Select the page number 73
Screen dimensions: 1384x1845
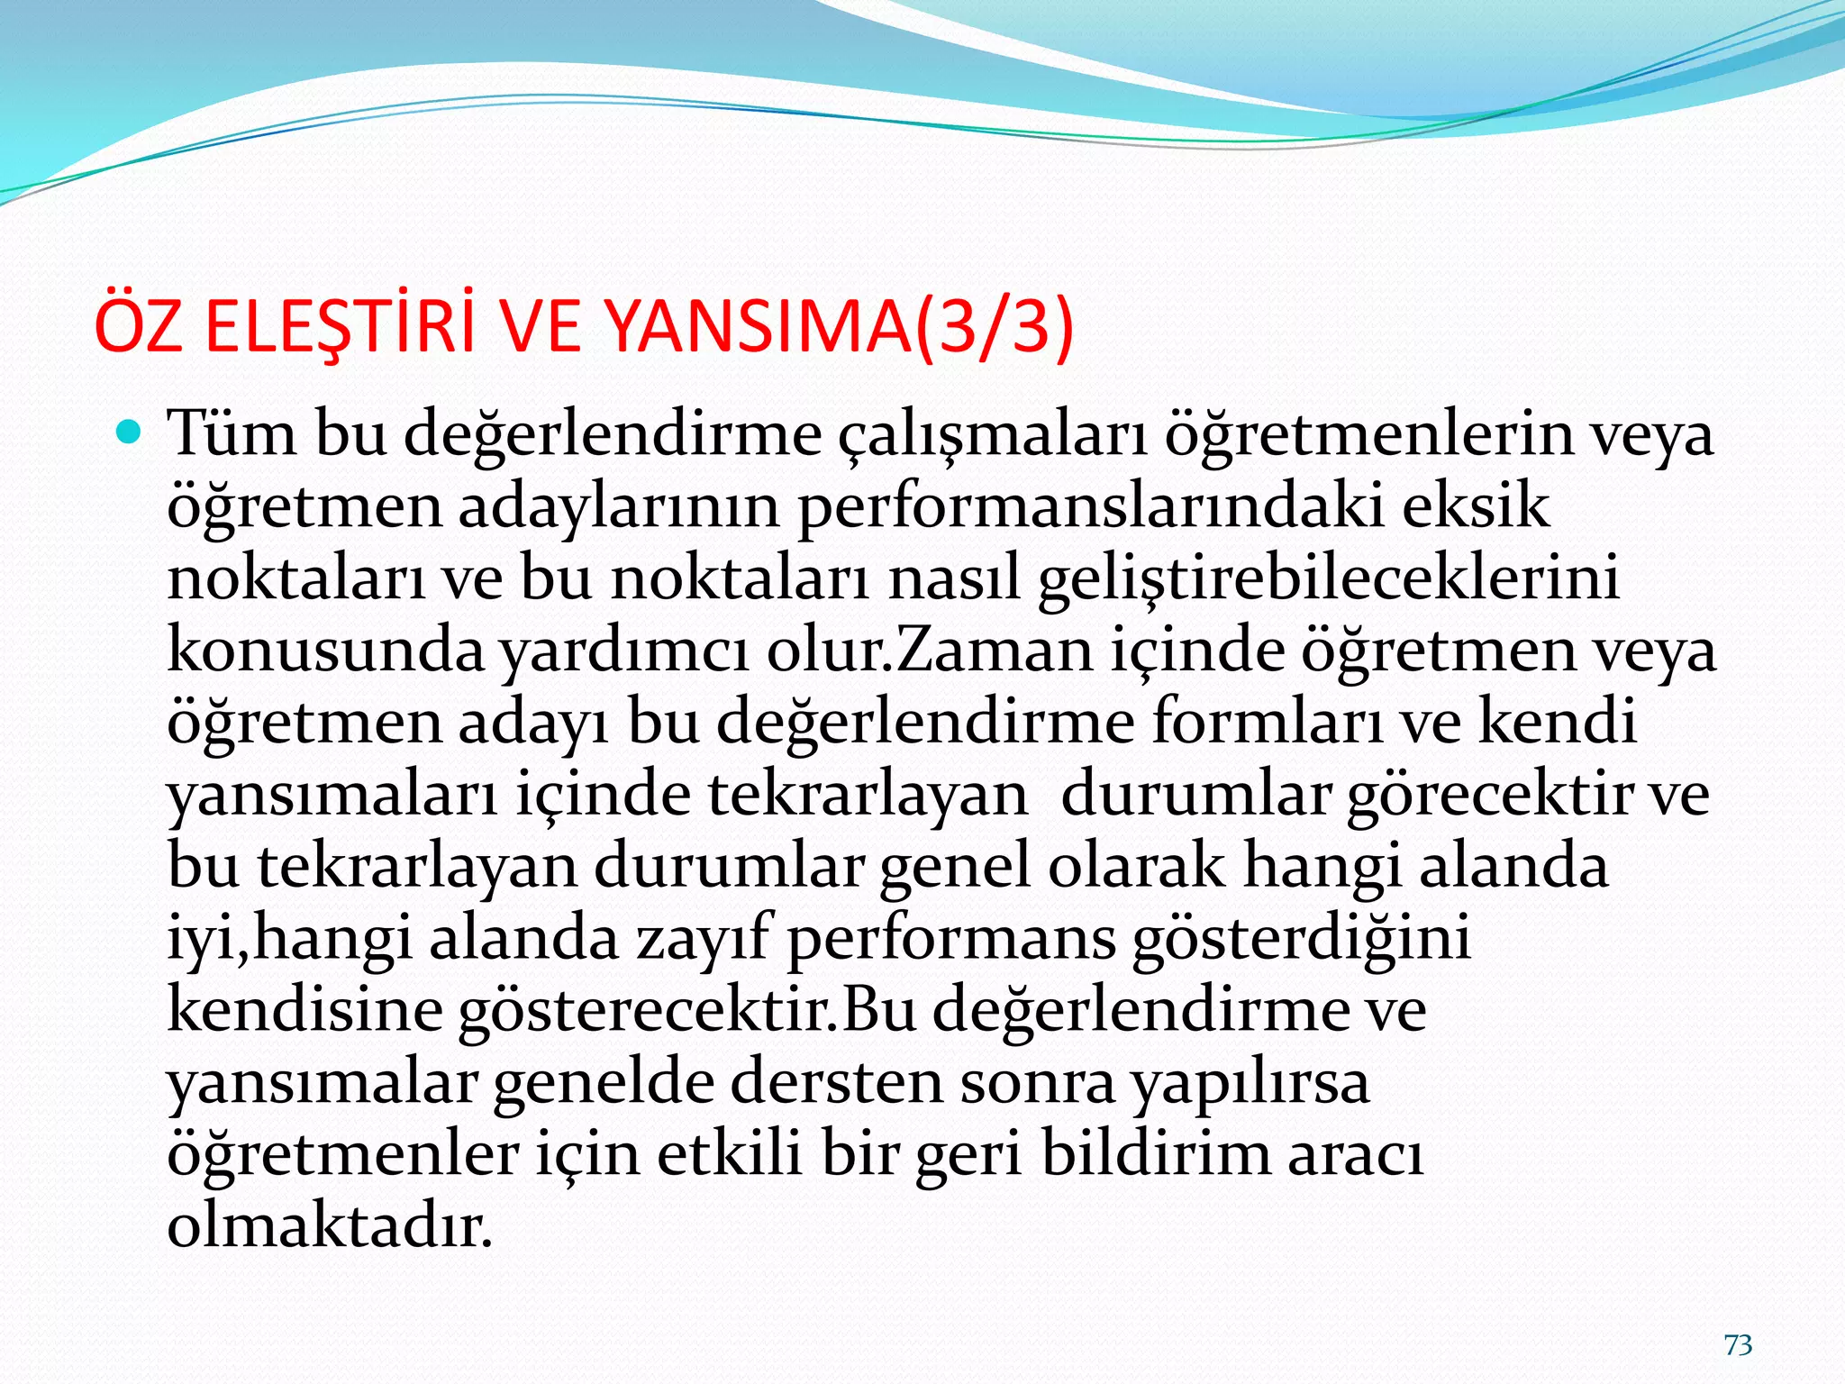click(x=1738, y=1345)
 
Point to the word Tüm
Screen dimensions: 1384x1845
click(x=232, y=434)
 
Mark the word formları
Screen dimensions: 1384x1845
click(x=1267, y=723)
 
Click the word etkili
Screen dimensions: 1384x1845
click(x=729, y=1155)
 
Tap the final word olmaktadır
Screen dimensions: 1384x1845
click(x=330, y=1227)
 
